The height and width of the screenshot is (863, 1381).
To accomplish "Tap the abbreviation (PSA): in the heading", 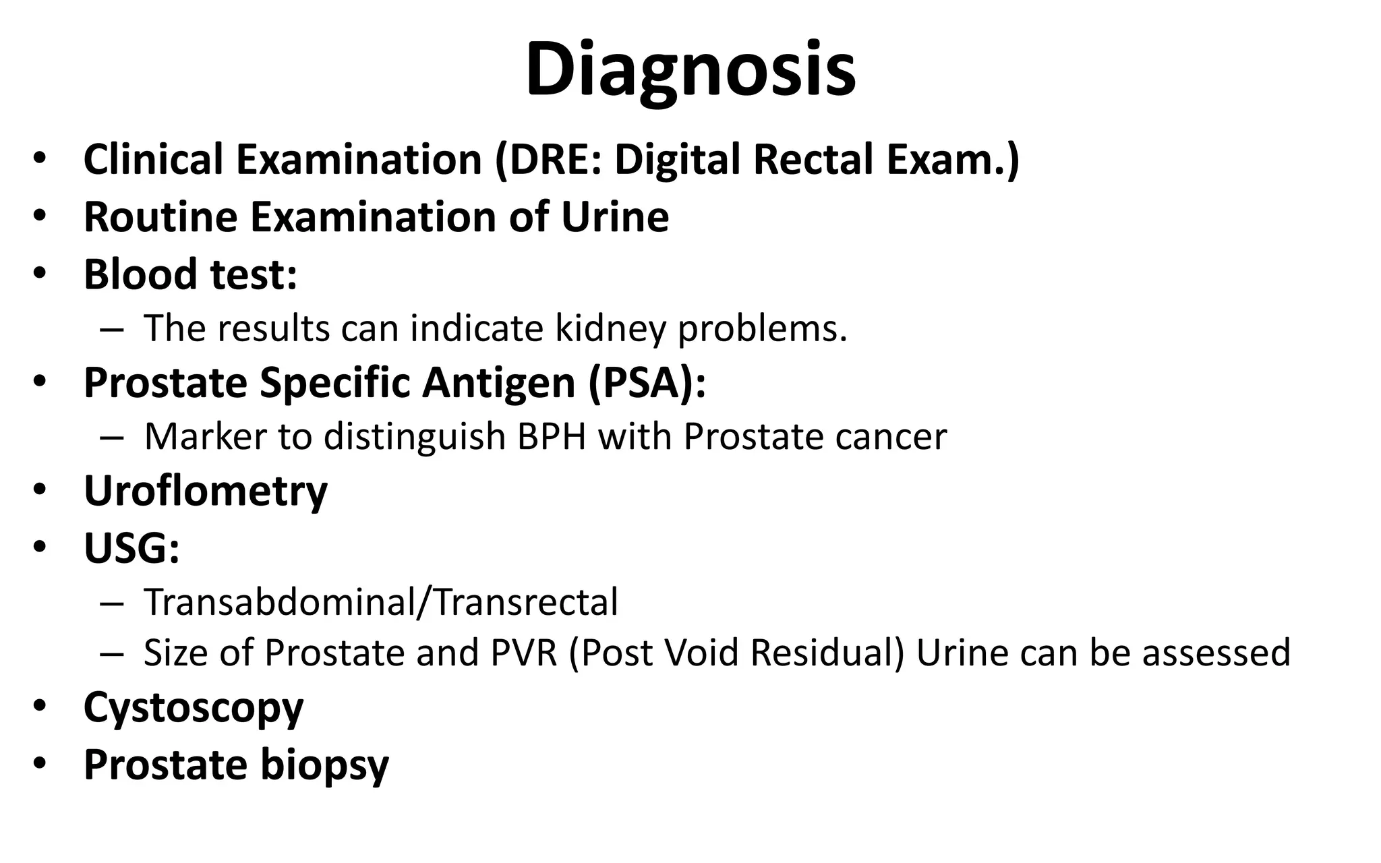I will click(647, 383).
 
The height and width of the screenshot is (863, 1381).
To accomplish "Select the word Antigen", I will click(498, 383).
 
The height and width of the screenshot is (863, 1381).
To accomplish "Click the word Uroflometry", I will click(205, 491).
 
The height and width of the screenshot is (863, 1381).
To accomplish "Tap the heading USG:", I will click(131, 548).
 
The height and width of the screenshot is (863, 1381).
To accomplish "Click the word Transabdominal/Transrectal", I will click(380, 602).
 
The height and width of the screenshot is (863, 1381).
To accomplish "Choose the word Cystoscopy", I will click(194, 708).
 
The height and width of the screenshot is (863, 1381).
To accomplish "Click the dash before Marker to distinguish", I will click(111, 438).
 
